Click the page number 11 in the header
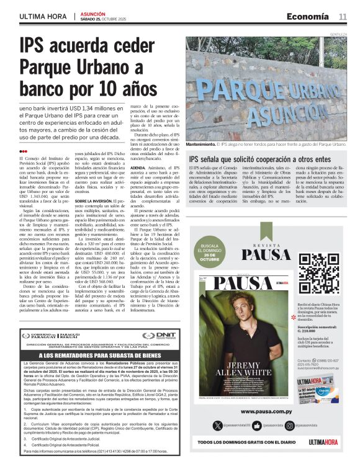[343, 16]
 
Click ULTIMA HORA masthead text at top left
[44, 16]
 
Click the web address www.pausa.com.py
[268, 411]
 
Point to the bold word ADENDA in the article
[138, 167]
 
